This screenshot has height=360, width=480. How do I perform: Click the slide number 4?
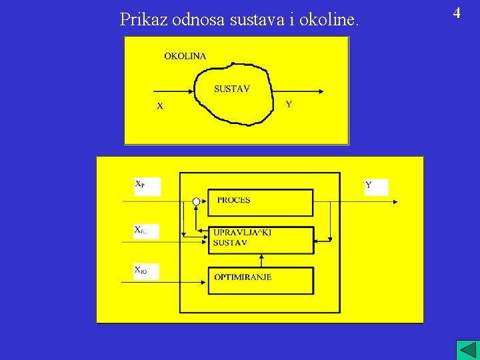(x=457, y=13)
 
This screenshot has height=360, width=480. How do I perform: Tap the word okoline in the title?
(x=329, y=19)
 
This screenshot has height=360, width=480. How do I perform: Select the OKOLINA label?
(x=185, y=56)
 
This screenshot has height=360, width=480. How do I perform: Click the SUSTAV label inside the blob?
(x=232, y=89)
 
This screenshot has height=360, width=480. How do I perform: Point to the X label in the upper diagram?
(x=160, y=105)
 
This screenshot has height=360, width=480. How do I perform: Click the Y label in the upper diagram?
(x=289, y=104)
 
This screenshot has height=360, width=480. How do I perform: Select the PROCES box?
(x=260, y=202)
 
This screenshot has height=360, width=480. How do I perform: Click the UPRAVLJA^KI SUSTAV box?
(x=260, y=239)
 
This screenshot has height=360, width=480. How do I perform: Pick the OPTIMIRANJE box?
(x=260, y=279)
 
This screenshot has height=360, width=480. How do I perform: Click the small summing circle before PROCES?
(x=196, y=201)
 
